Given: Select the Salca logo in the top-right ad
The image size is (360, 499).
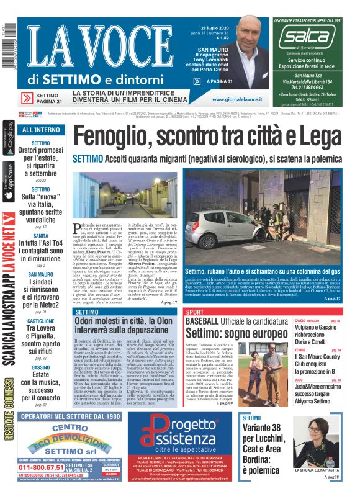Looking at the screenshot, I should [306, 38].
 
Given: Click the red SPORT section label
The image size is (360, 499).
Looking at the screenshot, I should [195, 312].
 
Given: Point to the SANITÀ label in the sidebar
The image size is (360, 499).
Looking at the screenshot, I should [40, 236].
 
